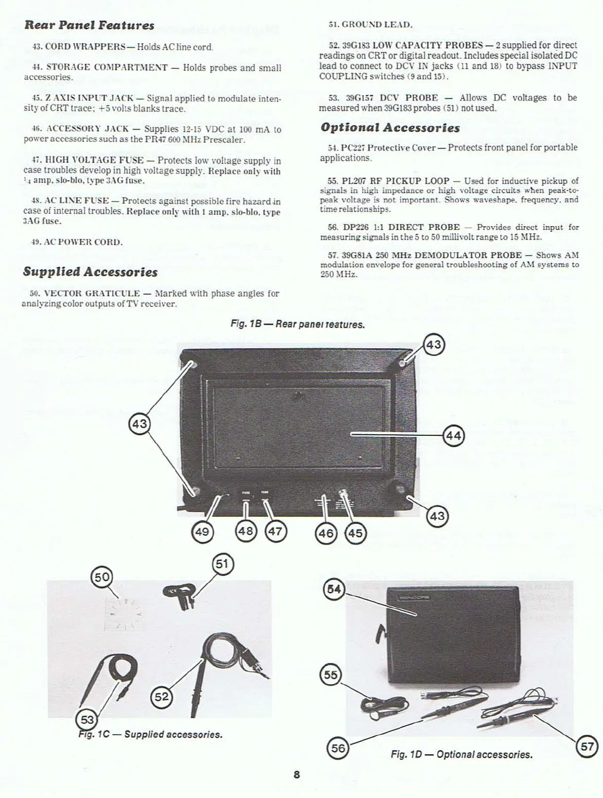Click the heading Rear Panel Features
[x=90, y=25]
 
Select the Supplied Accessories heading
[x=91, y=271]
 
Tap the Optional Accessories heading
[x=390, y=127]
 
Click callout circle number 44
[x=453, y=436]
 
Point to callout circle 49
[x=202, y=531]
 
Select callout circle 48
[x=245, y=530]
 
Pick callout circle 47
[x=275, y=531]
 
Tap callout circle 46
[x=326, y=532]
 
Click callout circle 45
[x=355, y=532]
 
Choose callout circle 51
[x=222, y=564]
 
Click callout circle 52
[x=162, y=697]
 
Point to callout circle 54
[x=334, y=589]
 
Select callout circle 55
[x=331, y=675]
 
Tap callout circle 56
[x=338, y=748]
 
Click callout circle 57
[x=587, y=746]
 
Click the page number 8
[x=297, y=775]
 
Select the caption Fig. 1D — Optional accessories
[x=462, y=754]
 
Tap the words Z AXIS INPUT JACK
[x=90, y=98]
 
